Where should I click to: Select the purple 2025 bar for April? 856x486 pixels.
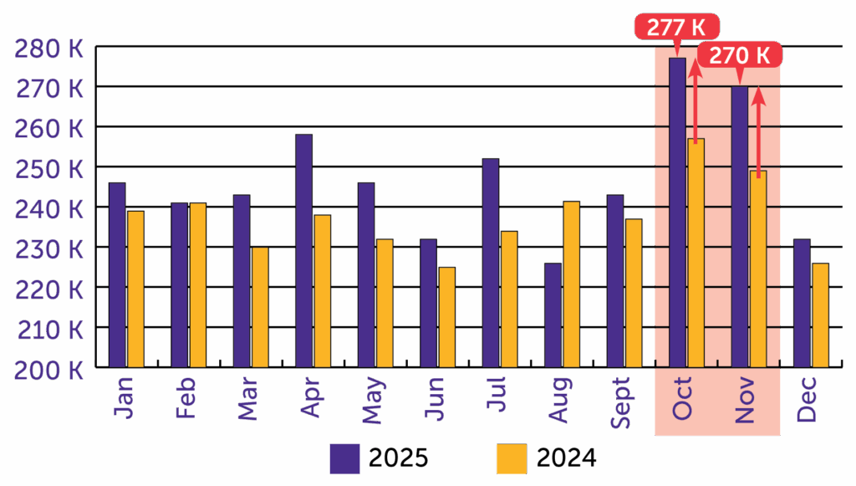pos(303,251)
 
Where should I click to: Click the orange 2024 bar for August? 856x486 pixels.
pos(571,284)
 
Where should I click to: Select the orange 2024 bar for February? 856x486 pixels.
pos(197,284)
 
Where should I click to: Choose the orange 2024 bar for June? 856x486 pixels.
pos(446,317)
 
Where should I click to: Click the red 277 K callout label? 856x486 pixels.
pos(677,27)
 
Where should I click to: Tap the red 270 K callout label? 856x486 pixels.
pos(740,55)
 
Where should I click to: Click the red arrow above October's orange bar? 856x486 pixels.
pos(695,100)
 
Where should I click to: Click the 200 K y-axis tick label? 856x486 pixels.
pos(49,368)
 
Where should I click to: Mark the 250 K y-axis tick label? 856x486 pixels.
pos(49,168)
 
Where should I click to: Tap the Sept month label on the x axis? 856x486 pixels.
pos(620,403)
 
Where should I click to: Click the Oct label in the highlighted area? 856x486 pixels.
pos(682,400)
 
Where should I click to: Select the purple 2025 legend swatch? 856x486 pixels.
pos(344,458)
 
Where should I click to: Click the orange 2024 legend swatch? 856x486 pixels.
pos(512,458)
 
